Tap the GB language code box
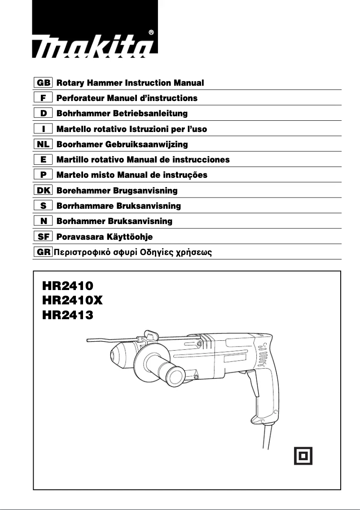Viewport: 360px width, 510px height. (x=44, y=83)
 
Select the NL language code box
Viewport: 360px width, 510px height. (x=44, y=145)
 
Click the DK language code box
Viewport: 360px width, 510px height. (x=44, y=191)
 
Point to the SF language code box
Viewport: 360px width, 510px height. (x=44, y=237)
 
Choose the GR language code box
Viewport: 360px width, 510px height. (x=44, y=252)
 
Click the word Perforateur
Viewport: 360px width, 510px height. (x=79, y=98)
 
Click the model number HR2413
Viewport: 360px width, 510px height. (x=68, y=315)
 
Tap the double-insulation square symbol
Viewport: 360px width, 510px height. (x=303, y=456)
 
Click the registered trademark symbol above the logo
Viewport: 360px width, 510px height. (x=151, y=32)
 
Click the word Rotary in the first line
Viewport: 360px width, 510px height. (x=70, y=83)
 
